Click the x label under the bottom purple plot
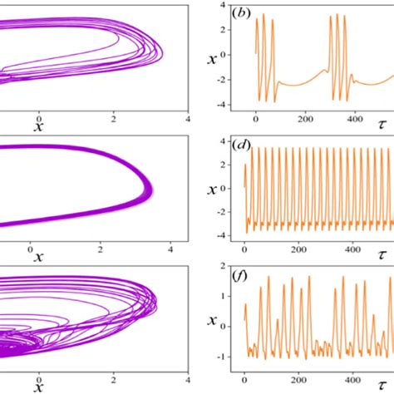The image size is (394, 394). click(x=37, y=388)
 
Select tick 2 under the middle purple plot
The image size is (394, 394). click(x=101, y=248)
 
